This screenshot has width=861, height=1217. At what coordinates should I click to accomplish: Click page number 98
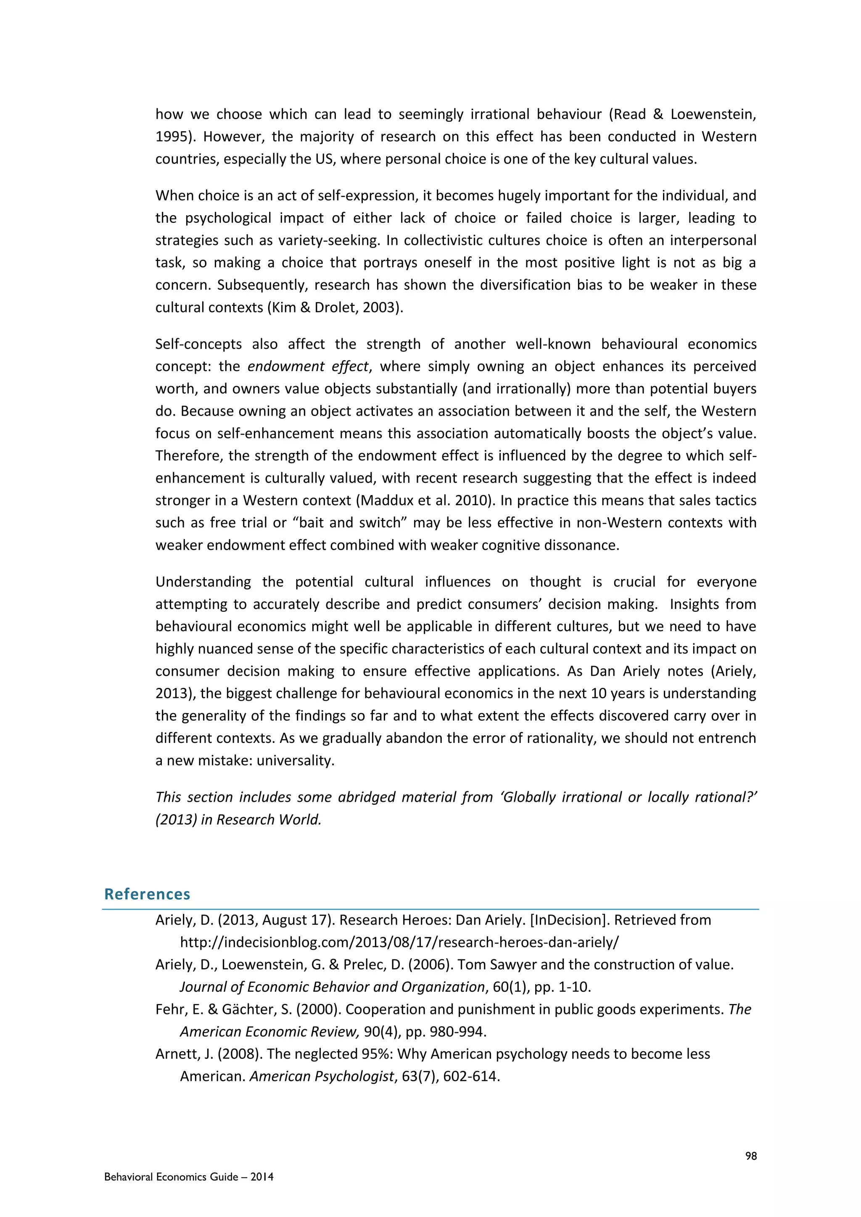point(751,1156)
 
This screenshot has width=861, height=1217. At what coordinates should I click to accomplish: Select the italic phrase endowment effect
point(307,367)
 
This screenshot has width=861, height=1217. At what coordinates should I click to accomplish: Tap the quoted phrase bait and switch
point(350,523)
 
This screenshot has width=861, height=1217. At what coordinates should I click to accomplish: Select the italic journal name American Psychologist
point(322,1077)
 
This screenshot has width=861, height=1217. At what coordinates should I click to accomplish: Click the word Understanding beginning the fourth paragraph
point(203,582)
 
